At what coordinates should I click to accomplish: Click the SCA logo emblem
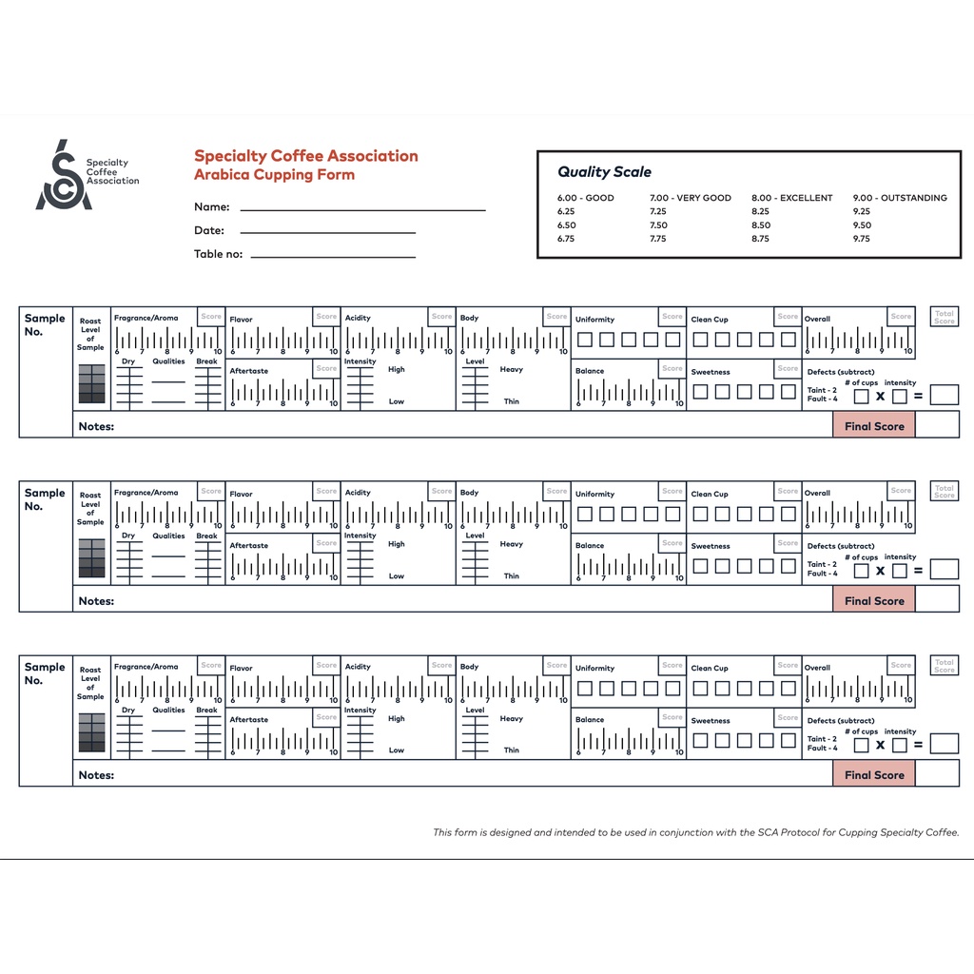(x=64, y=176)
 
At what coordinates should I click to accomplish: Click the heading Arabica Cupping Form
(x=274, y=175)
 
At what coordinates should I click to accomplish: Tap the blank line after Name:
(x=362, y=208)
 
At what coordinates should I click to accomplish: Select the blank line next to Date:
(x=327, y=231)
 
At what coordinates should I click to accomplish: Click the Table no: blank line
(x=333, y=256)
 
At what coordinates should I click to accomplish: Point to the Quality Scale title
(x=604, y=172)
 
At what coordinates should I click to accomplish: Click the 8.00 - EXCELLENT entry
(x=791, y=198)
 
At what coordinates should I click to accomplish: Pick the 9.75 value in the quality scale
(x=862, y=239)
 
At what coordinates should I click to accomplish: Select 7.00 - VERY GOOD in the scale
(x=691, y=198)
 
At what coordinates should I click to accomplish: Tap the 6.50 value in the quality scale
(x=566, y=225)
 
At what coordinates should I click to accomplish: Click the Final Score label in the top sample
(x=874, y=426)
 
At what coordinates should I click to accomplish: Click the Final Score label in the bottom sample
(x=874, y=775)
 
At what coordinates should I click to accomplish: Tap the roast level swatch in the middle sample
(x=92, y=558)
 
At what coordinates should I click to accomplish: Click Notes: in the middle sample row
(x=96, y=601)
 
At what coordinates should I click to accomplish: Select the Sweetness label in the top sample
(x=711, y=372)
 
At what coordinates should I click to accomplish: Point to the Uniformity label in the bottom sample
(x=594, y=669)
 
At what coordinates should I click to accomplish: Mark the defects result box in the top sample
(x=944, y=395)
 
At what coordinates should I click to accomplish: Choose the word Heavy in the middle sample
(x=511, y=544)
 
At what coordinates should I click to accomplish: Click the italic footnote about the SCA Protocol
(x=696, y=832)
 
